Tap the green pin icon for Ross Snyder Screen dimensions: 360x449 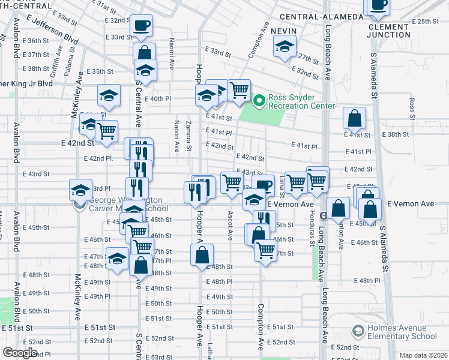(259, 101)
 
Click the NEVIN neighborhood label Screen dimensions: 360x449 (284, 30)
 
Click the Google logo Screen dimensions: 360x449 (20, 353)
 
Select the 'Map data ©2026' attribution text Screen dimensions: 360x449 (423, 355)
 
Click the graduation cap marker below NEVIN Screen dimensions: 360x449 (285, 46)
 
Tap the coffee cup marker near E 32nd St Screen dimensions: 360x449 (142, 25)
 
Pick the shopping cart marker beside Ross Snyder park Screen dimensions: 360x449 (239, 91)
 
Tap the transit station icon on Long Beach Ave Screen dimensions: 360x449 (323, 215)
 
